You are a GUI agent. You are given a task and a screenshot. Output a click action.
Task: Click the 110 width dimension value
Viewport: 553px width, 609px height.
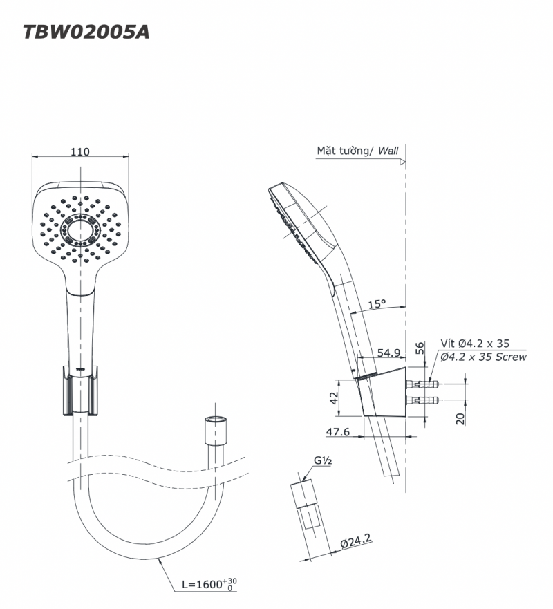[80, 153]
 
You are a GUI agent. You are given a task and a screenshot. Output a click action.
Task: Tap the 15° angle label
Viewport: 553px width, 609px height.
[377, 303]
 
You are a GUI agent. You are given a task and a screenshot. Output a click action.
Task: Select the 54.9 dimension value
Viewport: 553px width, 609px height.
[389, 353]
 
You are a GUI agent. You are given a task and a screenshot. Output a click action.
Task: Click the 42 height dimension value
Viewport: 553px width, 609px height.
[333, 397]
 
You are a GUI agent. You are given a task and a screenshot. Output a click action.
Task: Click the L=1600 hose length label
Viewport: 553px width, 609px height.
[207, 585]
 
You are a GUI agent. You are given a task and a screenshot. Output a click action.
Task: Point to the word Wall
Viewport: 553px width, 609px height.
[388, 149]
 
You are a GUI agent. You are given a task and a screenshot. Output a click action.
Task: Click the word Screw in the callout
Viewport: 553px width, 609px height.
[512, 357]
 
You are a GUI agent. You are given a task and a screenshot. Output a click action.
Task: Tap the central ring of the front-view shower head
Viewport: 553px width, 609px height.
[81, 229]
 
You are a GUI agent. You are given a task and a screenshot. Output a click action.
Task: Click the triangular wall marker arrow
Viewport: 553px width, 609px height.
[402, 162]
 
